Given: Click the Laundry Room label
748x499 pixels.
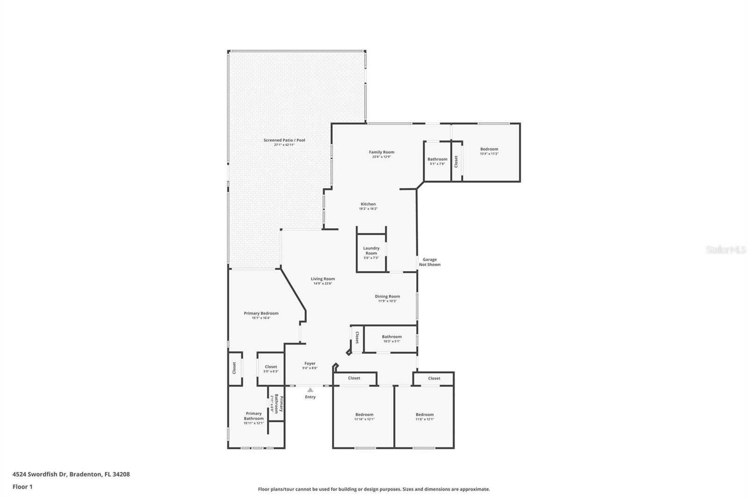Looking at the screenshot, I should pyautogui.click(x=371, y=250).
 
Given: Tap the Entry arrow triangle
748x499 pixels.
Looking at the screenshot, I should pyautogui.click(x=310, y=390).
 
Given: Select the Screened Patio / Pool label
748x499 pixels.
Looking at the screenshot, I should pyautogui.click(x=284, y=140).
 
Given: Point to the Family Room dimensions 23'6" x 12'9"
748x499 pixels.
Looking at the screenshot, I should pyautogui.click(x=381, y=157).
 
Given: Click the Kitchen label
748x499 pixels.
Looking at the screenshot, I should pyautogui.click(x=368, y=204).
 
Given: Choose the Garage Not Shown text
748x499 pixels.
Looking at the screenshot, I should pyautogui.click(x=430, y=262).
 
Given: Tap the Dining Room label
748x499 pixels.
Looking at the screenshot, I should pyautogui.click(x=387, y=296).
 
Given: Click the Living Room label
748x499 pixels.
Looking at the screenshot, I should pyautogui.click(x=323, y=279).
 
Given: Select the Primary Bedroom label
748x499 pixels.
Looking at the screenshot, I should pyautogui.click(x=261, y=313).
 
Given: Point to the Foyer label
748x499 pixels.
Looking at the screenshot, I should pyautogui.click(x=310, y=363).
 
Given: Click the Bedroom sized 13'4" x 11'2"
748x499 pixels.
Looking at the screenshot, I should pyautogui.click(x=489, y=151).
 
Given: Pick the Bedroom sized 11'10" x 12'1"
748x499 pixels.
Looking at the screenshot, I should pyautogui.click(x=364, y=417).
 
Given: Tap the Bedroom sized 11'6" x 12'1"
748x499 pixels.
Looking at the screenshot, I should pyautogui.click(x=424, y=417).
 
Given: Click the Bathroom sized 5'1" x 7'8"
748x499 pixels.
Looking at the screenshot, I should pyautogui.click(x=437, y=161).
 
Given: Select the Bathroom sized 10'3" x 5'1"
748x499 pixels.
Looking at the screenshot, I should pyautogui.click(x=391, y=338).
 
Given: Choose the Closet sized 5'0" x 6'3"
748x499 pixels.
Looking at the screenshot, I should pyautogui.click(x=271, y=369).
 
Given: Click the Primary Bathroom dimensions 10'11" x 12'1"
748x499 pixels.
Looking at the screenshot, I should pyautogui.click(x=253, y=423).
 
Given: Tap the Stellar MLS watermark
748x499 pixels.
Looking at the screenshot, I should pyautogui.click(x=726, y=250).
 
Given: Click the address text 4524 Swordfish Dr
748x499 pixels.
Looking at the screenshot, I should pyautogui.click(x=41, y=474).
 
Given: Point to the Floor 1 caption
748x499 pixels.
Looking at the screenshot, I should pyautogui.click(x=22, y=487).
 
